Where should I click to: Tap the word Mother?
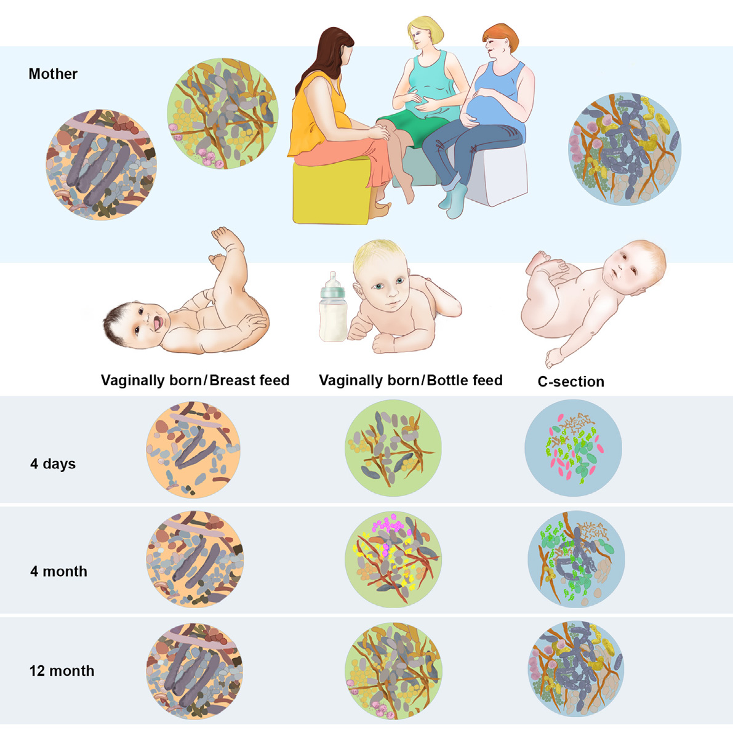pyautogui.click(x=53, y=74)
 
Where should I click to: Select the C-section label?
pyautogui.click(x=571, y=382)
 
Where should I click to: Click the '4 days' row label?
pyautogui.click(x=53, y=463)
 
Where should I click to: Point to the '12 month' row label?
pyautogui.click(x=62, y=670)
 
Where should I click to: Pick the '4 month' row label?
pyautogui.click(x=58, y=571)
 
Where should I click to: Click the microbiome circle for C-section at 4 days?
pyautogui.click(x=573, y=447)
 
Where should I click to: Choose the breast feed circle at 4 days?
pyautogui.click(x=193, y=450)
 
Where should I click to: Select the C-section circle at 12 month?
pyautogui.click(x=576, y=669)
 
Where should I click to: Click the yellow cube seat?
pyautogui.click(x=330, y=192)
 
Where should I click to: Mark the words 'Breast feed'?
pyautogui.click(x=249, y=380)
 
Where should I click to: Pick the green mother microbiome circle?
pyautogui.click(x=223, y=114)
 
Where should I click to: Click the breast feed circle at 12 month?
pyautogui.click(x=194, y=671)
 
